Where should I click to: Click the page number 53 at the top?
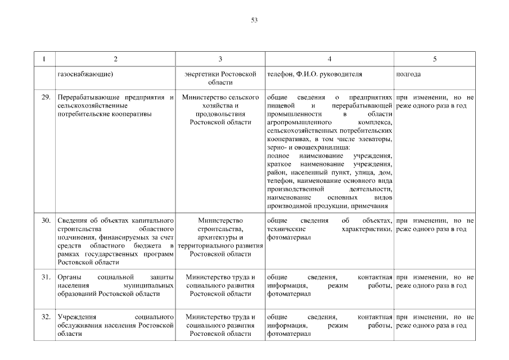[x=254, y=20]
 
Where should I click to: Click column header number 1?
[x=44, y=58]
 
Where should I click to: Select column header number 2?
[x=116, y=58]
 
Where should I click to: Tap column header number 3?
[x=220, y=58]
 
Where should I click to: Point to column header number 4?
[x=330, y=58]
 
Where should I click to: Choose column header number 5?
[x=435, y=58]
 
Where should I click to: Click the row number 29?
[x=47, y=98]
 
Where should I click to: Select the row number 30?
[x=47, y=220]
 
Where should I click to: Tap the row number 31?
[x=47, y=277]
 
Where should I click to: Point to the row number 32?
[x=47, y=317]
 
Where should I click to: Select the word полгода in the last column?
[x=409, y=74]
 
